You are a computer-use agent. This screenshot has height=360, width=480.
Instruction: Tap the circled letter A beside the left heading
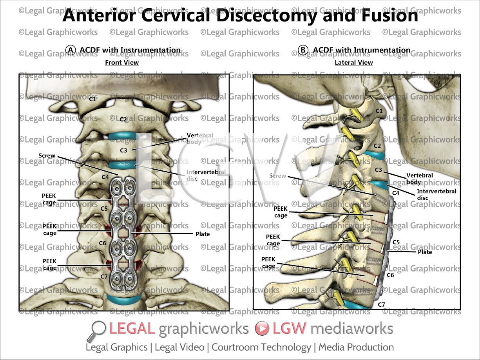coord(71,50)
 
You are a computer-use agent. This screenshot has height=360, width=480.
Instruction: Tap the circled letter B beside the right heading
coord(303,50)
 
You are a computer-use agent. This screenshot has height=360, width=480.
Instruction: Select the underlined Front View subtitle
coord(122,62)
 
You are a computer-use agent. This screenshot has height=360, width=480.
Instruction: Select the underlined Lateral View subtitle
coord(354,62)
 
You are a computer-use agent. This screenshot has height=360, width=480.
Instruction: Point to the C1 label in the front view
coord(92,99)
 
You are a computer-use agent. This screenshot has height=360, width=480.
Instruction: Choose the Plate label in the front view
coord(203,234)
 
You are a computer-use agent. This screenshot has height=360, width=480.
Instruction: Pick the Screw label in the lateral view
coord(278,176)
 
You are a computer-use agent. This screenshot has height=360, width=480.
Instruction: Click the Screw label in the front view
coord(47,156)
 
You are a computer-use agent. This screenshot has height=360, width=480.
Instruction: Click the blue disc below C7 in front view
coord(124,300)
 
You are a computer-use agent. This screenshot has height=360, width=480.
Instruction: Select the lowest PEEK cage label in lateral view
coord(268,263)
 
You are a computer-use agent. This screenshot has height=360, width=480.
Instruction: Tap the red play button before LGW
coord(262,329)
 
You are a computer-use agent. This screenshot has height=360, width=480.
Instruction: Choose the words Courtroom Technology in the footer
coord(261,347)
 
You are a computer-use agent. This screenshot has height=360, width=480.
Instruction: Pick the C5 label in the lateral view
coord(396,242)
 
